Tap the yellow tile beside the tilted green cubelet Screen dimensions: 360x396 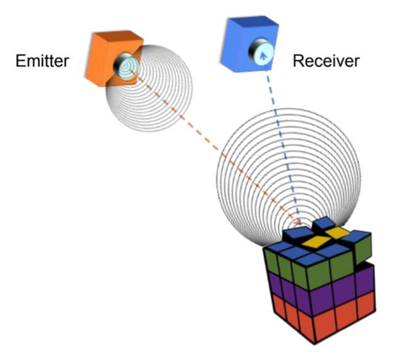pos(337,232)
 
